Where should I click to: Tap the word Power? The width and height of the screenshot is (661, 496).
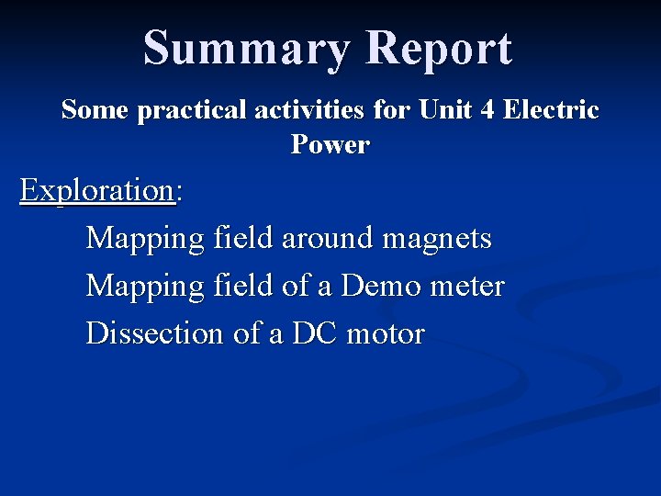(330, 145)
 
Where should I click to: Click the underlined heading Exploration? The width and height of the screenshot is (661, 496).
(97, 191)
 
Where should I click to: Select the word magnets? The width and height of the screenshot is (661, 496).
(437, 239)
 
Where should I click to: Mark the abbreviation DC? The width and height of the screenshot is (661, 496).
(315, 333)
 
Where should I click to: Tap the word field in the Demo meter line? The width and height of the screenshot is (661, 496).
(243, 287)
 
